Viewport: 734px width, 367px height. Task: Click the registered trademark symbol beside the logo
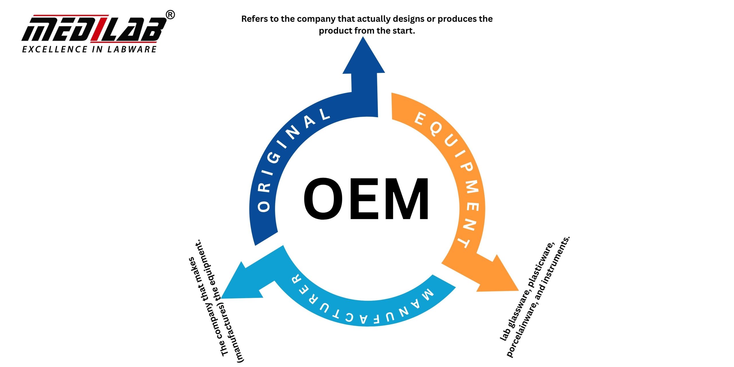(x=170, y=15)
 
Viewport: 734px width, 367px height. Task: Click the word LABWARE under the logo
(x=132, y=49)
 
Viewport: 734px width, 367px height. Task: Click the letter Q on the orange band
(x=436, y=130)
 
